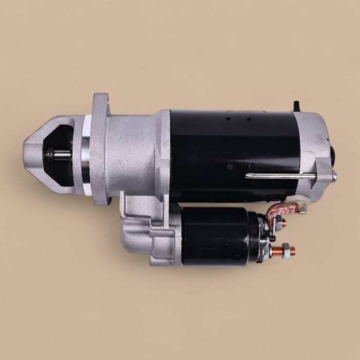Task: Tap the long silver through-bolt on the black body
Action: coord(280,176)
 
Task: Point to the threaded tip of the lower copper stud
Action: coord(293,251)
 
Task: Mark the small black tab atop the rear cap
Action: coord(297,106)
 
